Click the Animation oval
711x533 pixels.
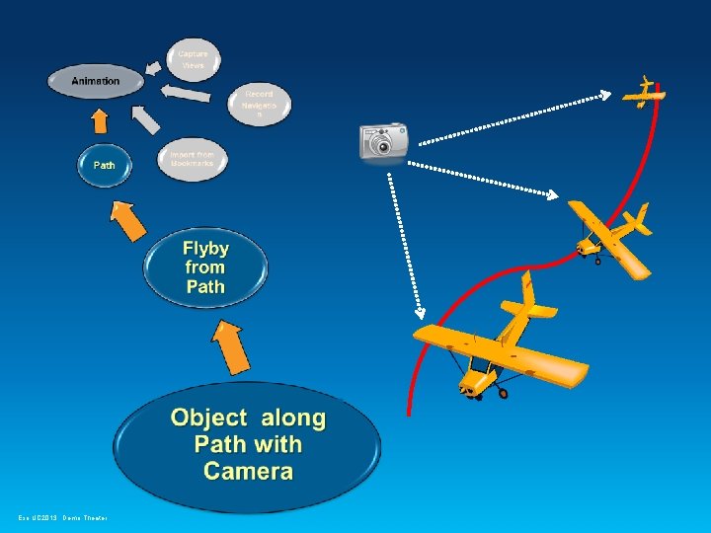click(96, 81)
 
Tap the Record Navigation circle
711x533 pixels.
click(260, 104)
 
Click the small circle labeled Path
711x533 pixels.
click(104, 165)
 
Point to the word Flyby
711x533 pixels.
click(205, 248)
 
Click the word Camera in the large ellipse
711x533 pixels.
click(248, 471)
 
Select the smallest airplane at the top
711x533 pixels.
click(644, 94)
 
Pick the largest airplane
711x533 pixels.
click(499, 344)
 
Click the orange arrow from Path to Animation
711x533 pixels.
click(99, 120)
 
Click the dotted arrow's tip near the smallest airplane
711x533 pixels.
click(607, 96)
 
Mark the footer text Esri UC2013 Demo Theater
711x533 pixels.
click(61, 517)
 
